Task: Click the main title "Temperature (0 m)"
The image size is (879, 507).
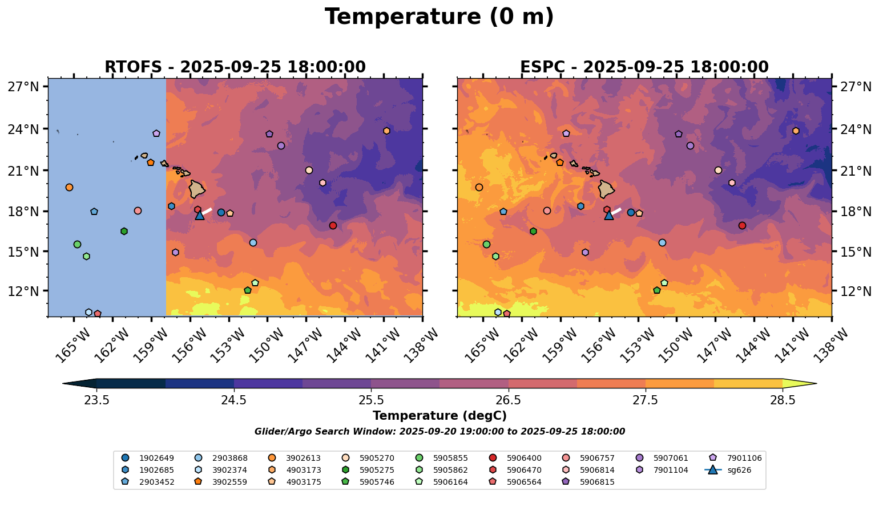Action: pos(439,17)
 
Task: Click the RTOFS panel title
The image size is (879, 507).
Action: pos(235,67)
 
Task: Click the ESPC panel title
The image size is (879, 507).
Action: pos(644,67)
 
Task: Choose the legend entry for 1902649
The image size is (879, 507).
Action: pos(153,458)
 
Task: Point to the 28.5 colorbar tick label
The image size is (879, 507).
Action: pos(783,400)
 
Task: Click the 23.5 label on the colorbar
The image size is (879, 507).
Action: pos(96,400)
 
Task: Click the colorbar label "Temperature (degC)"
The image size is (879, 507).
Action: pos(439,416)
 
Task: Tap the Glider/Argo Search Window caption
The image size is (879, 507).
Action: pos(439,432)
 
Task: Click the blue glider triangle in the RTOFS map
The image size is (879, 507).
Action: pos(200,215)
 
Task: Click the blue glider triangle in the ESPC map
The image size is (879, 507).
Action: pos(609,215)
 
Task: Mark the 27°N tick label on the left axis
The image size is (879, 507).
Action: pos(23,87)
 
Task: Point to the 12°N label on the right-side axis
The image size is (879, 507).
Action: pos(856,291)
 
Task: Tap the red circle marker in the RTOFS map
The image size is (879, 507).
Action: pos(333,226)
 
